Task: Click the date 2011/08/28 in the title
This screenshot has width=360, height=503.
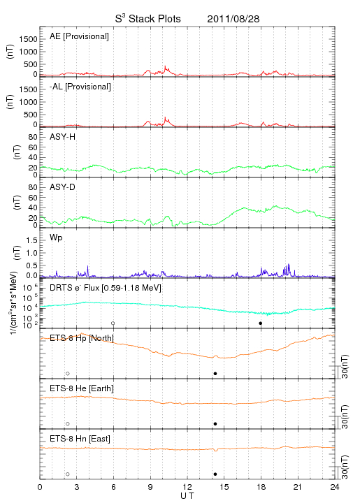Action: coord(233,19)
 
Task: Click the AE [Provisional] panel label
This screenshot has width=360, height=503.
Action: coord(79,36)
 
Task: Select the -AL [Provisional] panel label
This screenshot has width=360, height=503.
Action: coord(80,87)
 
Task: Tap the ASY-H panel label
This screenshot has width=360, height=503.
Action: coord(63,137)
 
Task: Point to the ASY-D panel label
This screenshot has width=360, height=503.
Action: coord(63,187)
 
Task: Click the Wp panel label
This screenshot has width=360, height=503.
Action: coord(56,238)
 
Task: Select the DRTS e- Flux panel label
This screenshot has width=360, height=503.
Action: coord(106,288)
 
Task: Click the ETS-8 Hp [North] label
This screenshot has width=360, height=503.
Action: coord(82,338)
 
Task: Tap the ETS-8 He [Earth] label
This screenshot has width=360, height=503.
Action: coord(82,388)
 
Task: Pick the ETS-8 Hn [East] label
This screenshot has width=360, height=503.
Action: coord(80,439)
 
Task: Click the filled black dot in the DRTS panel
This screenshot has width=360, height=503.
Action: coord(261,323)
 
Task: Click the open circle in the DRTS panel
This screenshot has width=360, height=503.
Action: coord(113,323)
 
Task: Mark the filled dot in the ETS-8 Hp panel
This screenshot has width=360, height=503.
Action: coord(215,373)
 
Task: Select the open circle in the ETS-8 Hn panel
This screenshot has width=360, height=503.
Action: coord(68,474)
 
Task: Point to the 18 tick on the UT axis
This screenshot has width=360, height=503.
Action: coord(261,488)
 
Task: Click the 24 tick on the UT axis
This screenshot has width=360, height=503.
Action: coord(335,488)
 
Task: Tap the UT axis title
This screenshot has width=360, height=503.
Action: coord(187,496)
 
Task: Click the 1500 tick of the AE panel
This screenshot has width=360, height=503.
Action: coord(29,39)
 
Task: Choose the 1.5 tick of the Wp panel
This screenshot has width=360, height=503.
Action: coord(31,240)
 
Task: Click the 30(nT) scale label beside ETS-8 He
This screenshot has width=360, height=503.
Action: coord(345,417)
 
